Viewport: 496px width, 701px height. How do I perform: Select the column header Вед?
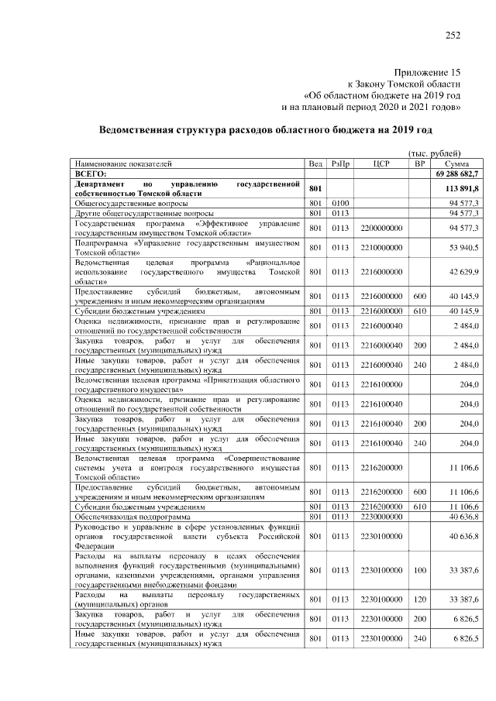[x=315, y=164]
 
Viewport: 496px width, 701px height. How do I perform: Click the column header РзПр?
[x=340, y=164]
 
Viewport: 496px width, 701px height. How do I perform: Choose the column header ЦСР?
[x=381, y=164]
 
